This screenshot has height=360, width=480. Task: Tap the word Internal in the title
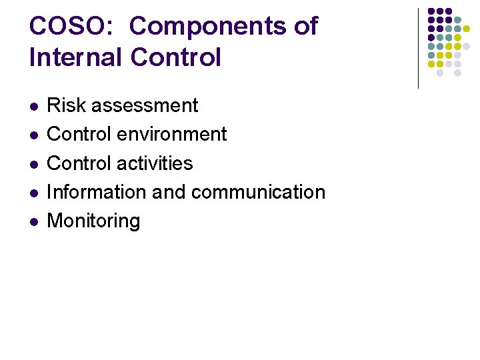click(75, 57)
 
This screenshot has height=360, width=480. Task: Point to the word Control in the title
click(176, 57)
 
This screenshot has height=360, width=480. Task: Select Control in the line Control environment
click(79, 134)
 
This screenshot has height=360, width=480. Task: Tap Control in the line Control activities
click(79, 163)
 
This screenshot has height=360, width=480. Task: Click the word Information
click(97, 192)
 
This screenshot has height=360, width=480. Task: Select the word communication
click(258, 192)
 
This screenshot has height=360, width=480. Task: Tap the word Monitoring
click(94, 221)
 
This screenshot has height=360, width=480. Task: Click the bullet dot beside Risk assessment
click(34, 106)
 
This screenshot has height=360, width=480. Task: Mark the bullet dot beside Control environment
click(34, 135)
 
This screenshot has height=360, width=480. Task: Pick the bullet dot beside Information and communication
click(34, 193)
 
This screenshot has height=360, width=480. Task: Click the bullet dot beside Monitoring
click(34, 221)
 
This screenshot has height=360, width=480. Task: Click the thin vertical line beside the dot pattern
click(418, 48)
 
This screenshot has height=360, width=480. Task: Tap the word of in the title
click(306, 26)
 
